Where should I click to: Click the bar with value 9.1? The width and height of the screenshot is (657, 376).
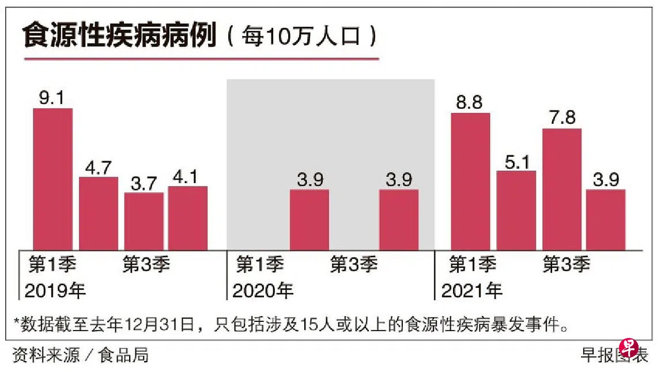(x=52, y=179)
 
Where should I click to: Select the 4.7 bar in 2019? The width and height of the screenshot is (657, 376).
(x=98, y=213)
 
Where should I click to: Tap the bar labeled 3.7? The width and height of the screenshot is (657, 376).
(x=144, y=221)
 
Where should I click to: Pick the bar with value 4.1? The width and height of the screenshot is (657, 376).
(x=188, y=218)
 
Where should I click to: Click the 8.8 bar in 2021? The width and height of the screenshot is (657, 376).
(x=470, y=181)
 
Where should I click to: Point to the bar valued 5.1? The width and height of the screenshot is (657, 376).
(x=516, y=210)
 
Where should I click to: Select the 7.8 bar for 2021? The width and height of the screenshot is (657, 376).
(x=562, y=189)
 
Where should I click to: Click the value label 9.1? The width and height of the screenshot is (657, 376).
(x=52, y=98)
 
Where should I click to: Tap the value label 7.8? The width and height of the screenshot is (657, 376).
(x=562, y=118)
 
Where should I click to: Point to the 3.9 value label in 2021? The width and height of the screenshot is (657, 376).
(x=606, y=180)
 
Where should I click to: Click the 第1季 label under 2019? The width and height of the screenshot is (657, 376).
(x=52, y=265)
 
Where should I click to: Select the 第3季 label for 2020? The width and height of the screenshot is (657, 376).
(x=353, y=265)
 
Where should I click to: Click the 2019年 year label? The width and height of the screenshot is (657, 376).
(x=55, y=290)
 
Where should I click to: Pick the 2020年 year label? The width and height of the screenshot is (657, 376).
(x=263, y=290)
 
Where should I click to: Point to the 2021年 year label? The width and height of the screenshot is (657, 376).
(x=471, y=290)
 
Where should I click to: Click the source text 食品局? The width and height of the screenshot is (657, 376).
(x=123, y=355)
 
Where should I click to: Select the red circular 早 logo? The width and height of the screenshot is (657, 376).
(x=629, y=348)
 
